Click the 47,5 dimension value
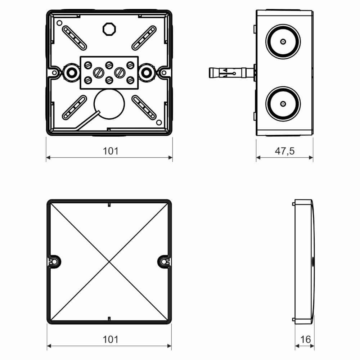tap(284, 151)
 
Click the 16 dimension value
tap(305, 339)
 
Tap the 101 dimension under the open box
tap(111, 151)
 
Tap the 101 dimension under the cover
tap(111, 339)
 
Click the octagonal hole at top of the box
tap(109, 29)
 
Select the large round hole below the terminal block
tap(109, 104)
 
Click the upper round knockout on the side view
tap(283, 41)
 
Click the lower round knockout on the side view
tap(283, 104)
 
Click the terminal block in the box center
tap(109, 72)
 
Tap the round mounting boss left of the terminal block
tap(71, 72)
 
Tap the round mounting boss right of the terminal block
tap(147, 72)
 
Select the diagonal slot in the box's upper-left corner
tap(74, 38)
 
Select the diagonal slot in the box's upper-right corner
tap(144, 38)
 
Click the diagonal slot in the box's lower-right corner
tap(144, 108)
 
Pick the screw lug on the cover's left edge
tap(54, 261)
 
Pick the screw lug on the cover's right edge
tap(164, 261)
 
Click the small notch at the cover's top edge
tap(109, 205)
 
